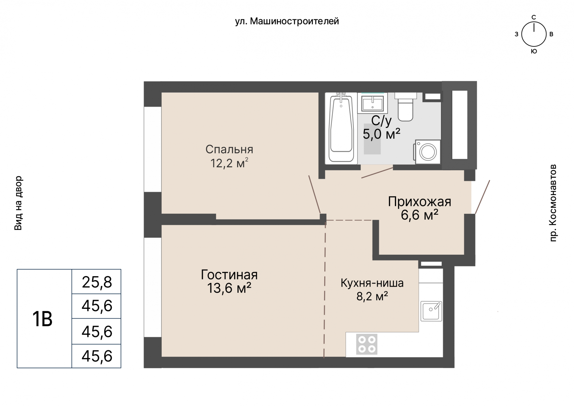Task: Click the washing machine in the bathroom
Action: (x=428, y=152)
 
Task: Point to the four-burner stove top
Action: (x=367, y=344)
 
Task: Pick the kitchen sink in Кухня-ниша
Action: (x=431, y=311)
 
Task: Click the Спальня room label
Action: (x=229, y=149)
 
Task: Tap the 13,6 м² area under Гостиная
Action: (x=229, y=288)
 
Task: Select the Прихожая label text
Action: (x=419, y=202)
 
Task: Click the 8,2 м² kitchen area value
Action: (x=372, y=296)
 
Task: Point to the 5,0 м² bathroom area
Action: (x=381, y=134)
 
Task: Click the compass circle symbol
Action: (x=534, y=34)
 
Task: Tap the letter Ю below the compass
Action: (x=534, y=51)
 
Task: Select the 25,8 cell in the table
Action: (x=97, y=282)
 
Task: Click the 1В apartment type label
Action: (x=42, y=319)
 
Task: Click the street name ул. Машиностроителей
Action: (x=287, y=21)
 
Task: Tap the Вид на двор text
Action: (x=19, y=203)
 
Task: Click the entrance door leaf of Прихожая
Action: (x=483, y=197)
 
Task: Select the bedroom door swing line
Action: (x=315, y=194)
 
